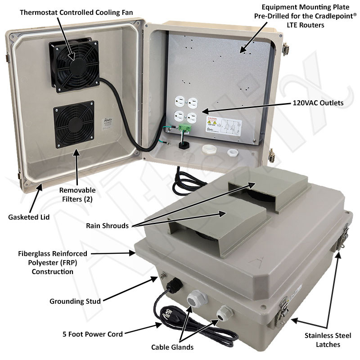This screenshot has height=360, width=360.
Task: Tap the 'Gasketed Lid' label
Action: (29, 217)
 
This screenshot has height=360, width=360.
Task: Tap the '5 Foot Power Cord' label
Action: (94, 334)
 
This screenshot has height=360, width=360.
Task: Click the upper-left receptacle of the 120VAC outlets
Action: (180, 102)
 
